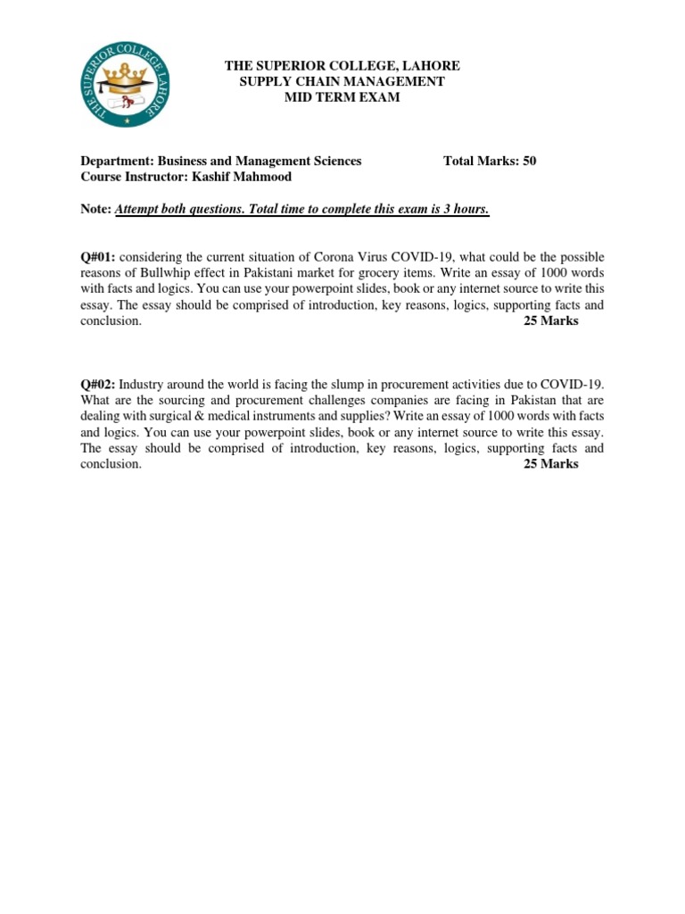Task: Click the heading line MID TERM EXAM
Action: coord(342,97)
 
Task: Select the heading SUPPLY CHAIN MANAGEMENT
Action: coord(342,81)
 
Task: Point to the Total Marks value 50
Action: coord(529,161)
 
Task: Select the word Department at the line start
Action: coord(117,161)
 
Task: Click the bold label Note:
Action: coord(96,209)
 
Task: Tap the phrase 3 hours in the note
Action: coord(466,209)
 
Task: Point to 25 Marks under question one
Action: coord(549,321)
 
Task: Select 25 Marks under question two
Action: coord(549,464)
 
